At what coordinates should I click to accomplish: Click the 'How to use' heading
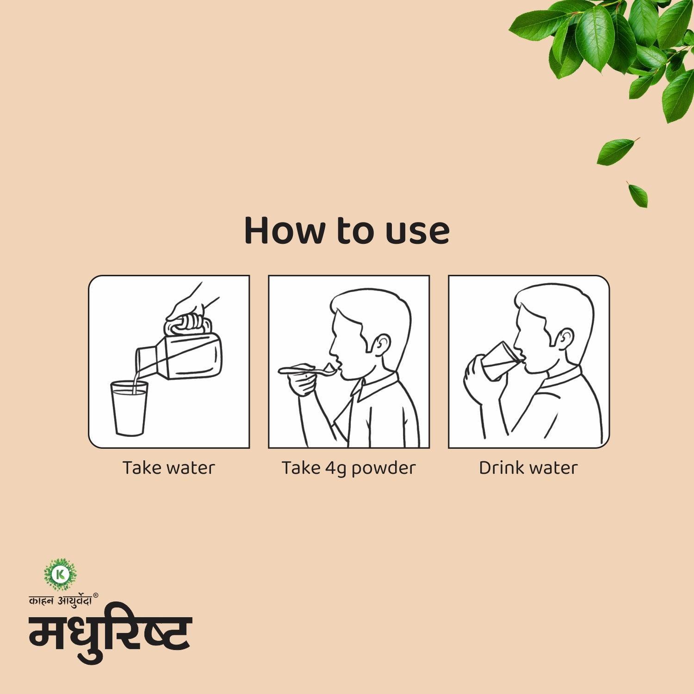[x=347, y=230]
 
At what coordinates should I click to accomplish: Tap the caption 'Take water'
[x=168, y=468]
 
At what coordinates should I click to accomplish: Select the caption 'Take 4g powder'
[x=348, y=468]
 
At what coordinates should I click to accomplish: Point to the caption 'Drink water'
[x=528, y=468]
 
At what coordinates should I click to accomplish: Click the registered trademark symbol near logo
[x=96, y=595]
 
